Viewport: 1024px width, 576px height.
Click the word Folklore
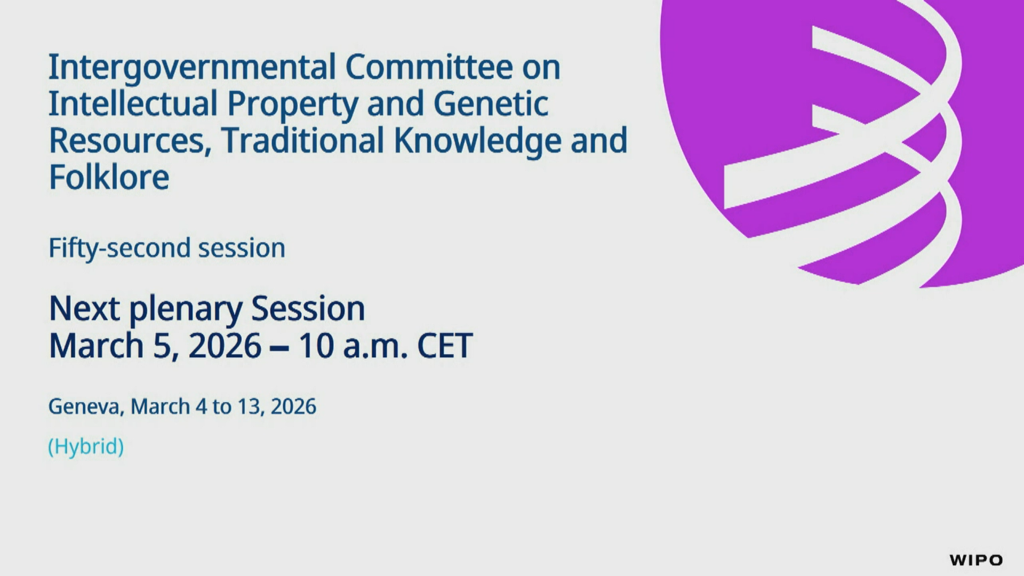109,177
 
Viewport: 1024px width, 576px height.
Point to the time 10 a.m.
353,346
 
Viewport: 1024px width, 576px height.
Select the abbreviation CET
444,346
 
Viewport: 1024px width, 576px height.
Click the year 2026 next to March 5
225,346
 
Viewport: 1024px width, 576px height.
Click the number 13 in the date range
248,406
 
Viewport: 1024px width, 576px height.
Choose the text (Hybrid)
86,446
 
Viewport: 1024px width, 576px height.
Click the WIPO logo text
976,560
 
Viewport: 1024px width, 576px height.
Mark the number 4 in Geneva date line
201,406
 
